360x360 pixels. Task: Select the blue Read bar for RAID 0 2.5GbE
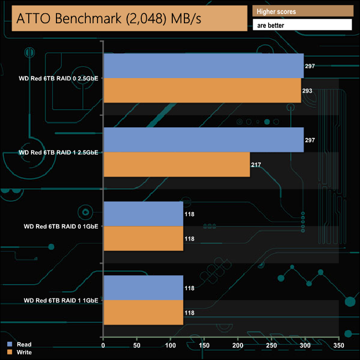click(203, 66)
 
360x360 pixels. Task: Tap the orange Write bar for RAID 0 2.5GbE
click(202, 90)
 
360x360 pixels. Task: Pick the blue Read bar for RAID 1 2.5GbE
click(203, 140)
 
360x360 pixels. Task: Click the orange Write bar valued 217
click(177, 164)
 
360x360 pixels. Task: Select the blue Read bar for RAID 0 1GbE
click(143, 214)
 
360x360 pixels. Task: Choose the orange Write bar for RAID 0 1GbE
click(143, 238)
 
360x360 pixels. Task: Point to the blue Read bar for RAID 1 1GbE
click(143, 287)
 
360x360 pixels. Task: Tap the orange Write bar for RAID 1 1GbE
click(143, 312)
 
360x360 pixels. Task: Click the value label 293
click(307, 91)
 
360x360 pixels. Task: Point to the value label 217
click(256, 165)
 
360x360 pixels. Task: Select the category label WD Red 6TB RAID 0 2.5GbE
click(58, 79)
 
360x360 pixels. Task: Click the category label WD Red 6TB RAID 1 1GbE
click(61, 300)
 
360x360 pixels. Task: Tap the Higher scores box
click(302, 11)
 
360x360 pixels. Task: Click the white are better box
click(302, 25)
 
